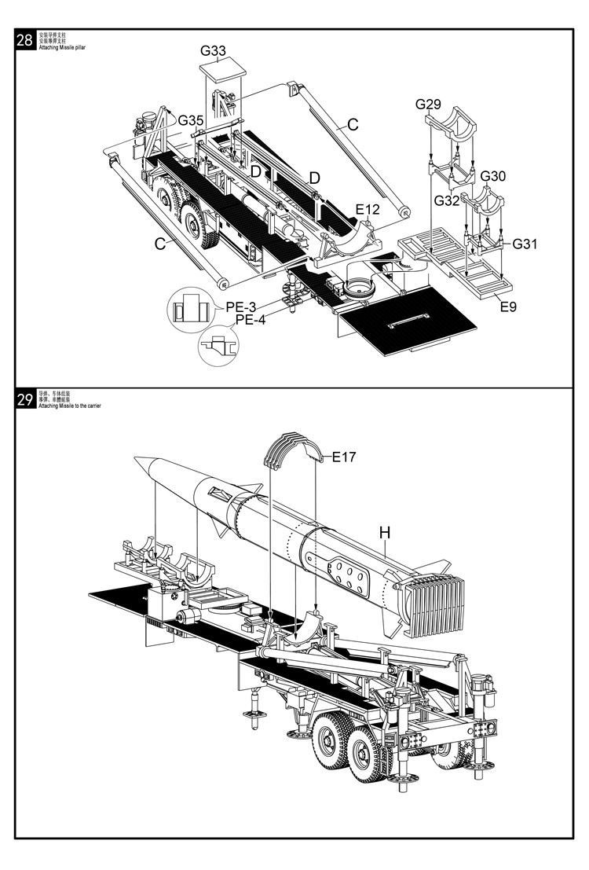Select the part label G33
[213, 51]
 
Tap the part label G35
[190, 120]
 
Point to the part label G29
[429, 105]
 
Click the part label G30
[493, 176]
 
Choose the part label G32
[447, 201]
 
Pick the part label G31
[525, 244]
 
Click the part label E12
[368, 209]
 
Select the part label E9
[508, 307]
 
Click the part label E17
[344, 456]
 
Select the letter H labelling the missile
[385, 533]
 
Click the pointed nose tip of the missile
[136, 458]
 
